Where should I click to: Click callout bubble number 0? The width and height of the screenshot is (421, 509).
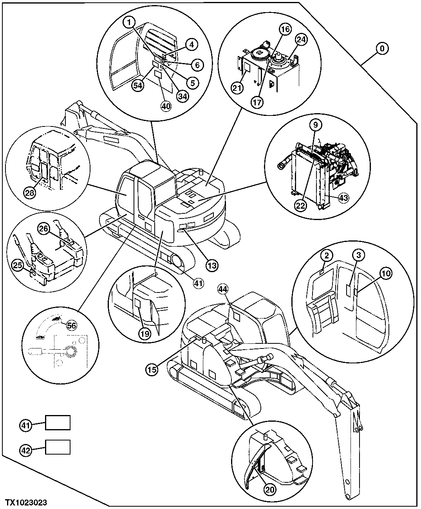tap(383, 49)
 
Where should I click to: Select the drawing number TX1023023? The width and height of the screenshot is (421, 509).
tap(27, 502)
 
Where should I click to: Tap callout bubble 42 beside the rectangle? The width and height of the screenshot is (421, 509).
tap(26, 450)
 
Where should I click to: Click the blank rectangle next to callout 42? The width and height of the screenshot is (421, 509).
tap(58, 447)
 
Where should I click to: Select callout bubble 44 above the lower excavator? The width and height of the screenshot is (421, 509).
tap(223, 290)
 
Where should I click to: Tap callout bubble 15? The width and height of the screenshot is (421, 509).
tap(153, 368)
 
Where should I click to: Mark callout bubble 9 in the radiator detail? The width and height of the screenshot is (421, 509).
tap(316, 125)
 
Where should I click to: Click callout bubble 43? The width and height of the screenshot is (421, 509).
tap(343, 198)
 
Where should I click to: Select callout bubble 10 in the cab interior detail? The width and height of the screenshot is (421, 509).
tap(386, 274)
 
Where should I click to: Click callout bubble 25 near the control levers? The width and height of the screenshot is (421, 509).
tap(16, 266)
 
